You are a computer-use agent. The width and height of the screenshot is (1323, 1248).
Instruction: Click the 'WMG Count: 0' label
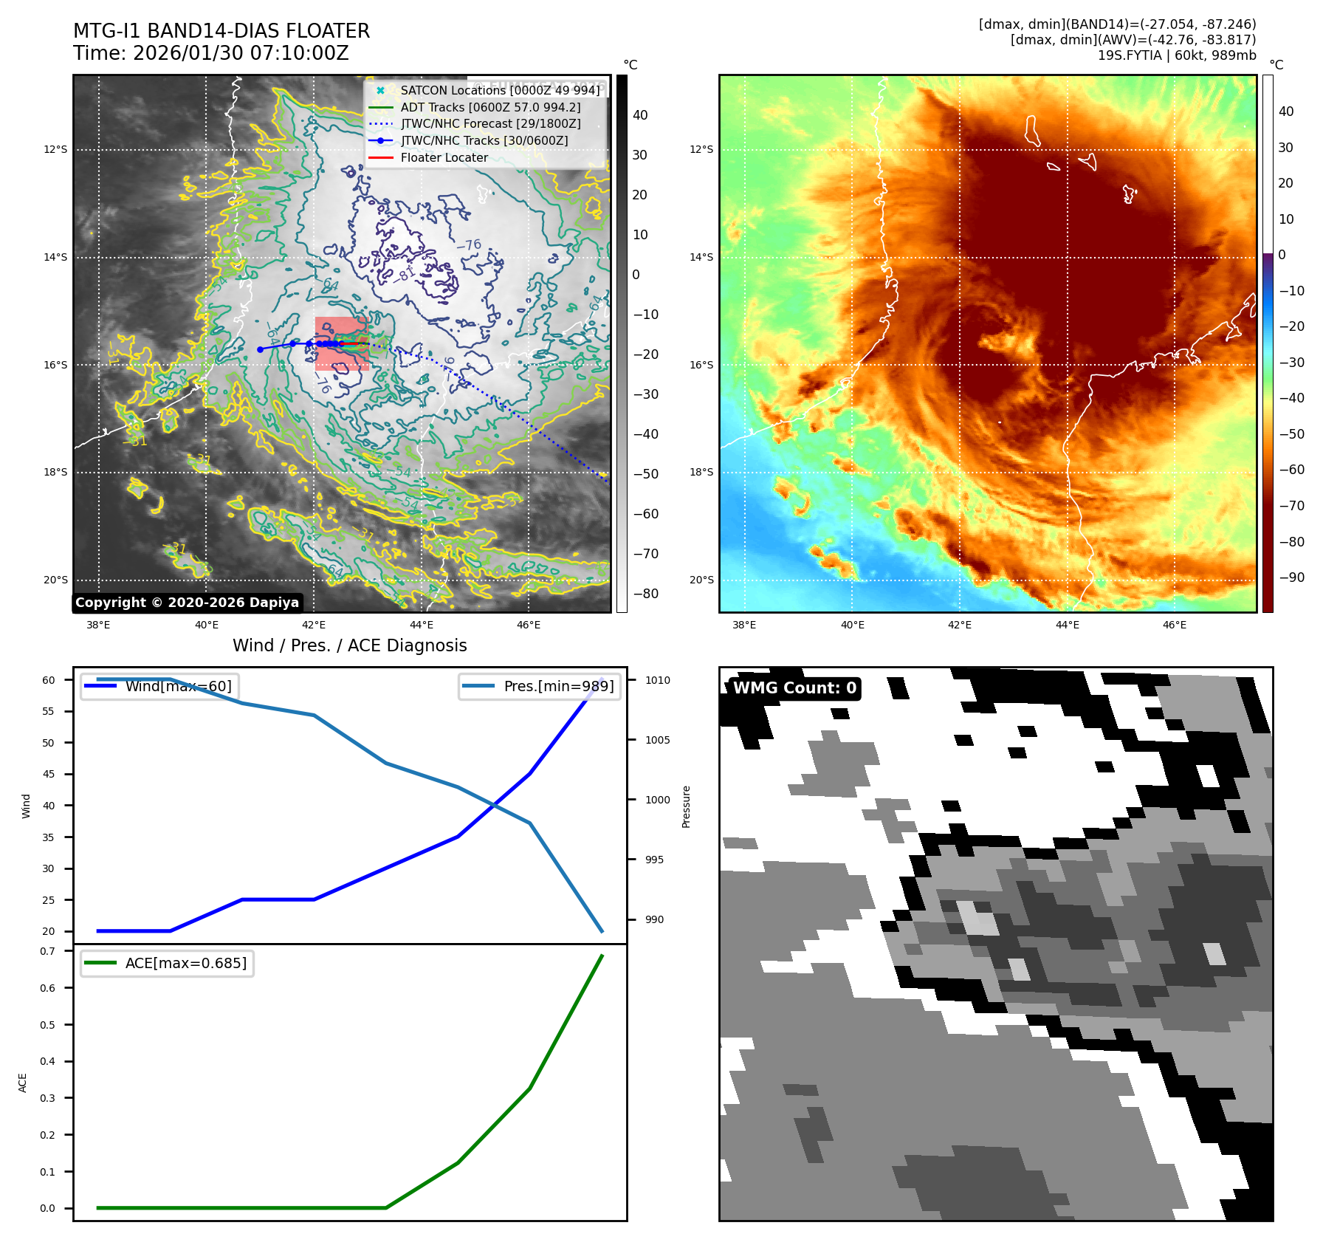[x=794, y=688]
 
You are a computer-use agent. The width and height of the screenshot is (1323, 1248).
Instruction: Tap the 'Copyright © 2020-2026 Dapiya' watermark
[x=187, y=603]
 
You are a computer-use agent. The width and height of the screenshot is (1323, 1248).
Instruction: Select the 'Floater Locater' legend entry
[x=444, y=158]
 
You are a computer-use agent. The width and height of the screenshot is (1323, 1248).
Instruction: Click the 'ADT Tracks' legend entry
[x=490, y=108]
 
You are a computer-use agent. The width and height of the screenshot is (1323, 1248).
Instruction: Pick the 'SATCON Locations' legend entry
[x=500, y=91]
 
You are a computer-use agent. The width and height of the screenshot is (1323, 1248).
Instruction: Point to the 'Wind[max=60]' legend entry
[x=178, y=686]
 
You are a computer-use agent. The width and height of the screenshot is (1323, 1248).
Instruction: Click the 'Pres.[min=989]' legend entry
[x=558, y=686]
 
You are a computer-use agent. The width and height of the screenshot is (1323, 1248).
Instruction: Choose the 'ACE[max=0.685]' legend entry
[x=185, y=963]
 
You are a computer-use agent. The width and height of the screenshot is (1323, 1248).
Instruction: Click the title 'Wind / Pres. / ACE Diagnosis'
[x=349, y=645]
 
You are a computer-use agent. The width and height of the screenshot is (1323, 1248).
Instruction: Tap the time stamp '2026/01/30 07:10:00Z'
[x=241, y=54]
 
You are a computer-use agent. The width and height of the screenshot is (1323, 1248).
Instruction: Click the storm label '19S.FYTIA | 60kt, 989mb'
[x=1176, y=55]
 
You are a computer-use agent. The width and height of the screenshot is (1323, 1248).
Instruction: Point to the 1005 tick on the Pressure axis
[x=657, y=740]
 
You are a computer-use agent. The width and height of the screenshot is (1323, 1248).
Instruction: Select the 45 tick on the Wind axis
[x=49, y=774]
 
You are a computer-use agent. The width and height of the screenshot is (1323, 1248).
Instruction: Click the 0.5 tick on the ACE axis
[x=47, y=1025]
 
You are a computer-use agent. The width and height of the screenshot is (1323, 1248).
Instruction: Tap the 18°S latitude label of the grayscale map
[x=55, y=473]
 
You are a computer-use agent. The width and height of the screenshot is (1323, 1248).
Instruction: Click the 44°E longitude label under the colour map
[x=1067, y=625]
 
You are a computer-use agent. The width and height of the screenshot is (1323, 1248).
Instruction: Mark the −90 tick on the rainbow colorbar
[x=1291, y=577]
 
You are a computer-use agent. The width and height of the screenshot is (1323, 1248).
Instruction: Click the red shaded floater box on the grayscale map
[x=341, y=343]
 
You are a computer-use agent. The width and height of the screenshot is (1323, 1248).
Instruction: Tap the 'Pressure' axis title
[x=686, y=806]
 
